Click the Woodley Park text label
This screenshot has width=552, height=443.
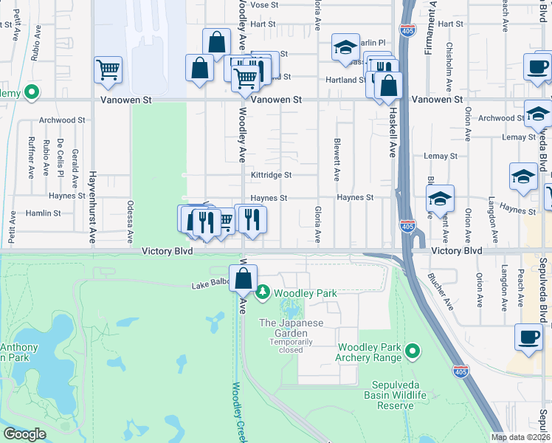click(x=306, y=294)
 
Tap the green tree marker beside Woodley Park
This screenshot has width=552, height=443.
click(x=263, y=294)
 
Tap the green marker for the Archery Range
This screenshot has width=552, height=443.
click(x=413, y=350)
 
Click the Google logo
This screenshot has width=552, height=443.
click(x=24, y=434)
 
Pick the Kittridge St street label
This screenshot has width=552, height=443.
click(x=271, y=176)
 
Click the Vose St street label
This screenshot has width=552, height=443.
click(x=263, y=4)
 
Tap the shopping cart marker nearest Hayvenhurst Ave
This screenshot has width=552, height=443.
click(x=108, y=69)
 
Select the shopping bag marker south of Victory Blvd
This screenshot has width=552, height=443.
click(x=243, y=279)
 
